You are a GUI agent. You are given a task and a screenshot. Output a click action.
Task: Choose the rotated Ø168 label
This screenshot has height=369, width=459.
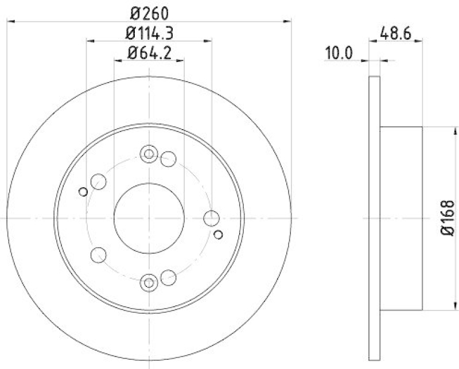(448, 218)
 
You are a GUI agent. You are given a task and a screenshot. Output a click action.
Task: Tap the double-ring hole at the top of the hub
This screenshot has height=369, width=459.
(149, 154)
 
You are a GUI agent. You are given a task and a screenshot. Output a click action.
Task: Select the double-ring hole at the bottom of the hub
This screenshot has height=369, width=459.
(149, 282)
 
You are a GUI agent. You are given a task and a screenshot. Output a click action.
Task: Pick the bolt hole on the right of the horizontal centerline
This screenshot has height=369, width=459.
(212, 218)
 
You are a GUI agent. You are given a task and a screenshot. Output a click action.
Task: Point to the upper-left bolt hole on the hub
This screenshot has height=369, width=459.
(99, 181)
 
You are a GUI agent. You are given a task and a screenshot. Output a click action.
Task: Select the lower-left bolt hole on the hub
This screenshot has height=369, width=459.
(99, 254)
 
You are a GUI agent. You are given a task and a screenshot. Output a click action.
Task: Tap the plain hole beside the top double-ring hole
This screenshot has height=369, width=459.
(168, 159)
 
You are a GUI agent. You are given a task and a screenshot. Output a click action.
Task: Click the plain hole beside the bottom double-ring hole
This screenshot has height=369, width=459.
(168, 278)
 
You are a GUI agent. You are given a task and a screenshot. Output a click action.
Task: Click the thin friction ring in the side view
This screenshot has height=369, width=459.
(374, 218)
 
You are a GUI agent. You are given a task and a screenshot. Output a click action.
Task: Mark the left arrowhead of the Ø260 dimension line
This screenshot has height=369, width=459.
(9, 21)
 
